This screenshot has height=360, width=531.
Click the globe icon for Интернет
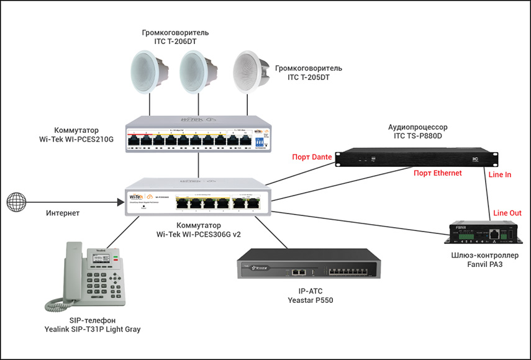[x=17, y=202]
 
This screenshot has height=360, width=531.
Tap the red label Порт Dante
[x=312, y=157]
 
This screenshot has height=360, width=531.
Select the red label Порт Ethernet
[x=438, y=173]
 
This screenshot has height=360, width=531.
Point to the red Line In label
[x=500, y=175]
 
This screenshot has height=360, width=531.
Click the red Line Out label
[x=507, y=213]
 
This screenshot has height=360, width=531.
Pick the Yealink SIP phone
[x=87, y=274]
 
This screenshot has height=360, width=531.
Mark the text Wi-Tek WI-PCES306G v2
[x=199, y=235]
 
